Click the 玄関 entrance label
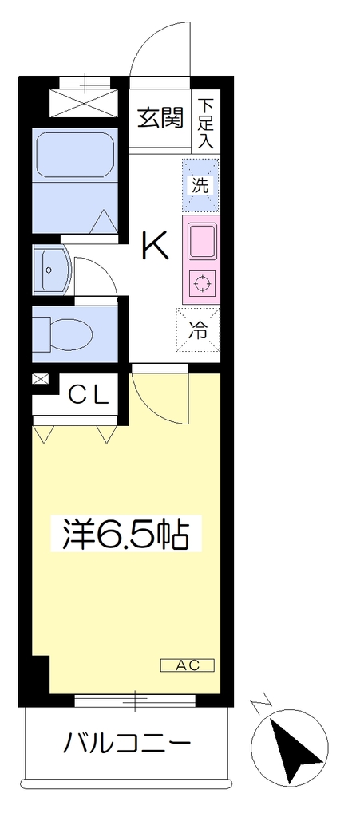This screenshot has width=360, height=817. click(x=161, y=119)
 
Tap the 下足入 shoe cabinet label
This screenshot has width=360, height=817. click(x=206, y=123)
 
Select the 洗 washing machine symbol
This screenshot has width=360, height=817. click(x=200, y=185)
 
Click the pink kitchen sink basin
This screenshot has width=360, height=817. click(x=200, y=242)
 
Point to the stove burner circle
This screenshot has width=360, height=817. click(x=201, y=284)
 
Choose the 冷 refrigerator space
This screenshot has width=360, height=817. click(x=198, y=330)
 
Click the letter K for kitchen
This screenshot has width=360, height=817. click(x=155, y=246)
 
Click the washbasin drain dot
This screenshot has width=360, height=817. click(x=49, y=270)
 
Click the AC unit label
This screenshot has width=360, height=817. click(x=188, y=665)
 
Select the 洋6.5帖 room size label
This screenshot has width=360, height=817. click(x=125, y=533)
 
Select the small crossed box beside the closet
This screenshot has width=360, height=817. click(x=39, y=379)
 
